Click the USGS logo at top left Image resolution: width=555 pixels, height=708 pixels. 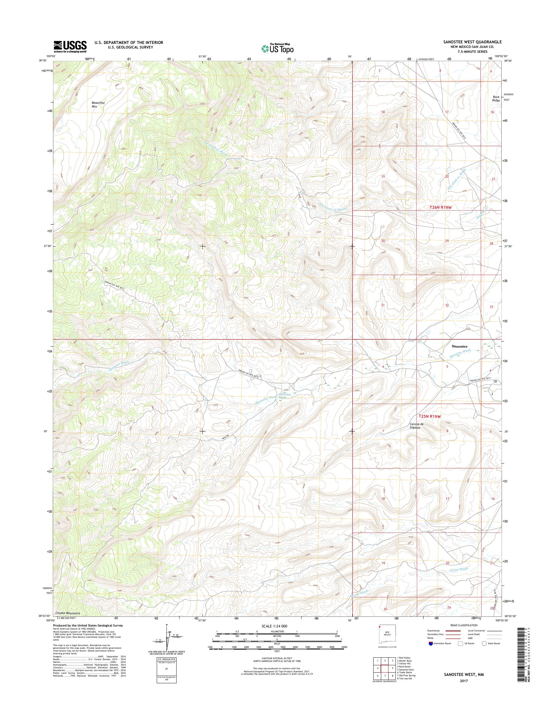(x=70, y=46)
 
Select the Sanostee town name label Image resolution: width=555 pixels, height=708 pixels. (x=460, y=346)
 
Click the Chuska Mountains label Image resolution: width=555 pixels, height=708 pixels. (x=68, y=613)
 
